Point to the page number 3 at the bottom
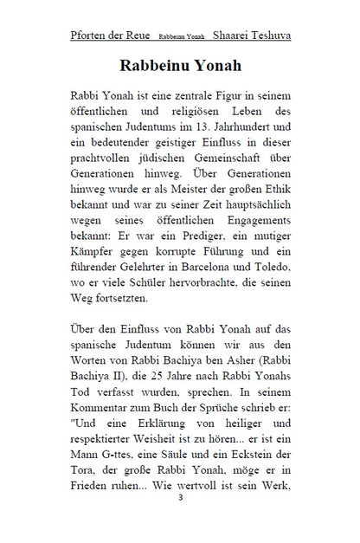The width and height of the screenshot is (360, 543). [180, 522]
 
